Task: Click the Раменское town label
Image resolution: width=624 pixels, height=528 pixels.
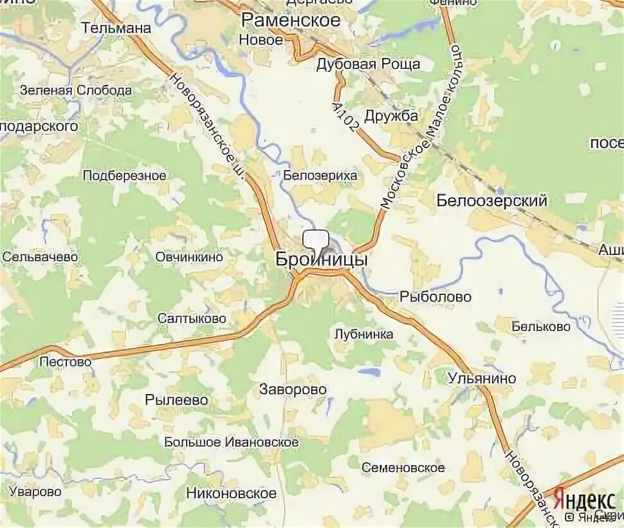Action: (x=290, y=20)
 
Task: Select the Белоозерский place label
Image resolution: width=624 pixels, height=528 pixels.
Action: (x=491, y=201)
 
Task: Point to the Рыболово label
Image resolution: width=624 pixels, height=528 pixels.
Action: (x=436, y=297)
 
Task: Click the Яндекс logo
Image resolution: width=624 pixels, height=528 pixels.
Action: (x=585, y=500)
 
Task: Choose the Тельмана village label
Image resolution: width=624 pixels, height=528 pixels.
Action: (x=116, y=28)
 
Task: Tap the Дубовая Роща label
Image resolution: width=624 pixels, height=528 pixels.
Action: (x=368, y=64)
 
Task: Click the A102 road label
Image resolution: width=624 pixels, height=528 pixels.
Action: (x=345, y=117)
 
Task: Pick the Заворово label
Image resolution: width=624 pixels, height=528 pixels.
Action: (x=293, y=390)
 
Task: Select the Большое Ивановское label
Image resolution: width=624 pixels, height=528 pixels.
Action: (x=231, y=442)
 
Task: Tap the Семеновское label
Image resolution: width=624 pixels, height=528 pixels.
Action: (x=403, y=467)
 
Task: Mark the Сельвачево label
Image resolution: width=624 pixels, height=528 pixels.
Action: (x=40, y=256)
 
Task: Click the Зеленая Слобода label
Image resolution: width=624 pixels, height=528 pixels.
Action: (x=76, y=90)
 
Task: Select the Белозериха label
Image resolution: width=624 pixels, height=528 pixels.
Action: (x=320, y=175)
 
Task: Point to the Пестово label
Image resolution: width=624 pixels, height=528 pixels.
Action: (x=66, y=362)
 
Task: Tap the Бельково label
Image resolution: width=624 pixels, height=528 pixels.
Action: (x=541, y=326)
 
